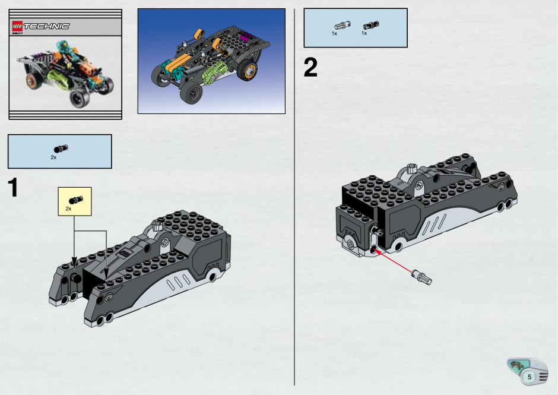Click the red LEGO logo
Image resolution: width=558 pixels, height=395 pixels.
pyautogui.click(x=17, y=26)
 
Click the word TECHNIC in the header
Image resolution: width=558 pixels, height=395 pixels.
pyautogui.click(x=46, y=26)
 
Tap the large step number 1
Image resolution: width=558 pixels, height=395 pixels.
pyautogui.click(x=13, y=188)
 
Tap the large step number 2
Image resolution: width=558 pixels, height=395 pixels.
pyautogui.click(x=310, y=67)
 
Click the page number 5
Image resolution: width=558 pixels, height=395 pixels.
pyautogui.click(x=530, y=377)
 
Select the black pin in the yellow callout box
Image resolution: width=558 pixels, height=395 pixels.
pyautogui.click(x=76, y=200)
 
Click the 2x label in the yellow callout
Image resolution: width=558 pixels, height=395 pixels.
pyautogui.click(x=68, y=208)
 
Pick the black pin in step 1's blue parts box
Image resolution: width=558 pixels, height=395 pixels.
pyautogui.click(x=61, y=148)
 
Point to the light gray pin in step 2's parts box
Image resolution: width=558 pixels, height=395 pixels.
pyautogui.click(x=342, y=26)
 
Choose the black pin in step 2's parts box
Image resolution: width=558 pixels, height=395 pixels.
pyautogui.click(x=371, y=26)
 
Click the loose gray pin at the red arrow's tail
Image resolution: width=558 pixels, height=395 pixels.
pyautogui.click(x=421, y=277)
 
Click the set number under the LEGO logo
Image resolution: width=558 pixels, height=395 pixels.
pyautogui.click(x=17, y=33)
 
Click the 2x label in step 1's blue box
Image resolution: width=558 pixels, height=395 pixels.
pyautogui.click(x=53, y=157)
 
